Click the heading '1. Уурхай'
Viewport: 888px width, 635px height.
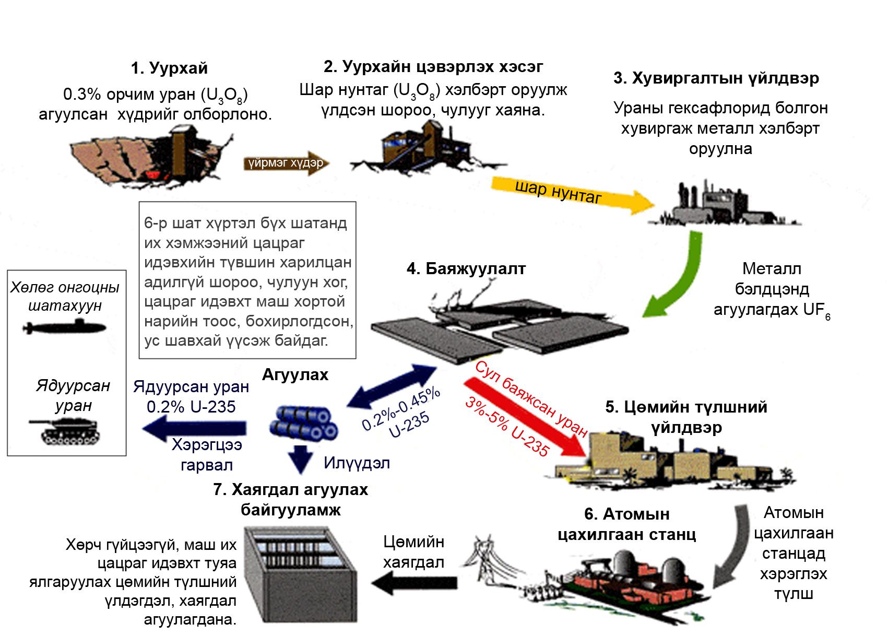coord(169,68)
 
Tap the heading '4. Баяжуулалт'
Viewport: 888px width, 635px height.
coord(466,269)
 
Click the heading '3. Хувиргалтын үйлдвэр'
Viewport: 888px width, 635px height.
coord(716,78)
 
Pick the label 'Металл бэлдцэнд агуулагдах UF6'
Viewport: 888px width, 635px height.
coord(772,290)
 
